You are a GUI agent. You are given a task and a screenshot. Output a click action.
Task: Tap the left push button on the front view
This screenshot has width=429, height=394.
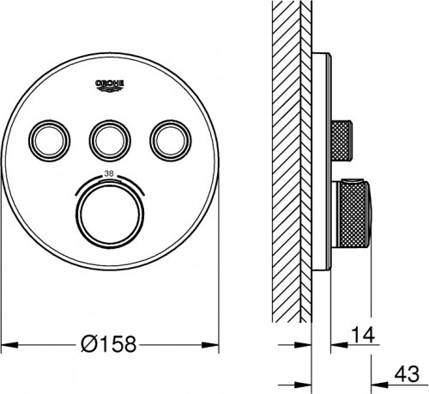(45, 136)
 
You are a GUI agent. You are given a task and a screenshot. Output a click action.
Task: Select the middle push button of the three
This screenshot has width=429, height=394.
(109, 136)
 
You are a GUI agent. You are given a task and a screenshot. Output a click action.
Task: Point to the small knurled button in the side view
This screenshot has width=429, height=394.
(343, 136)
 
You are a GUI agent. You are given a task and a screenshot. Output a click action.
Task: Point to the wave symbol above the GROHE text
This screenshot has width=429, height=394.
(109, 80)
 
